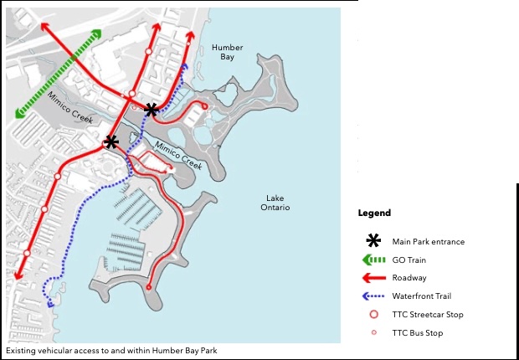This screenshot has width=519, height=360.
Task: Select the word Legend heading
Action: [374, 213]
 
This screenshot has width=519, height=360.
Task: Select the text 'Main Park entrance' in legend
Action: [428, 242]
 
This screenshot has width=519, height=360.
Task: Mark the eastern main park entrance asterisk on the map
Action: [152, 110]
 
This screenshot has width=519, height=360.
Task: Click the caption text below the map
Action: [111, 351]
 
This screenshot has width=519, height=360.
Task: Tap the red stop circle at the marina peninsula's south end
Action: [149, 287]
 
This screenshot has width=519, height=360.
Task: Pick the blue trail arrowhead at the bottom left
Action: [51, 304]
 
